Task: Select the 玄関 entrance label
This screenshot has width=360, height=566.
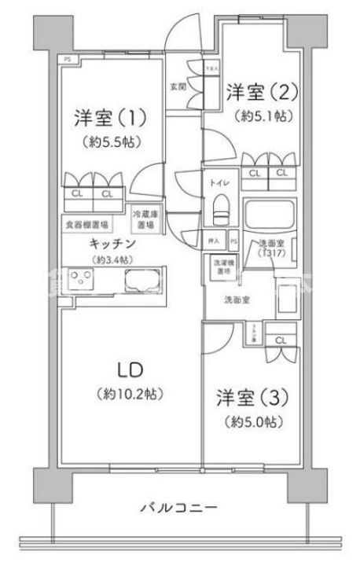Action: pos(178,86)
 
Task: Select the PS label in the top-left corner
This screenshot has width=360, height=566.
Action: pos(68,57)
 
